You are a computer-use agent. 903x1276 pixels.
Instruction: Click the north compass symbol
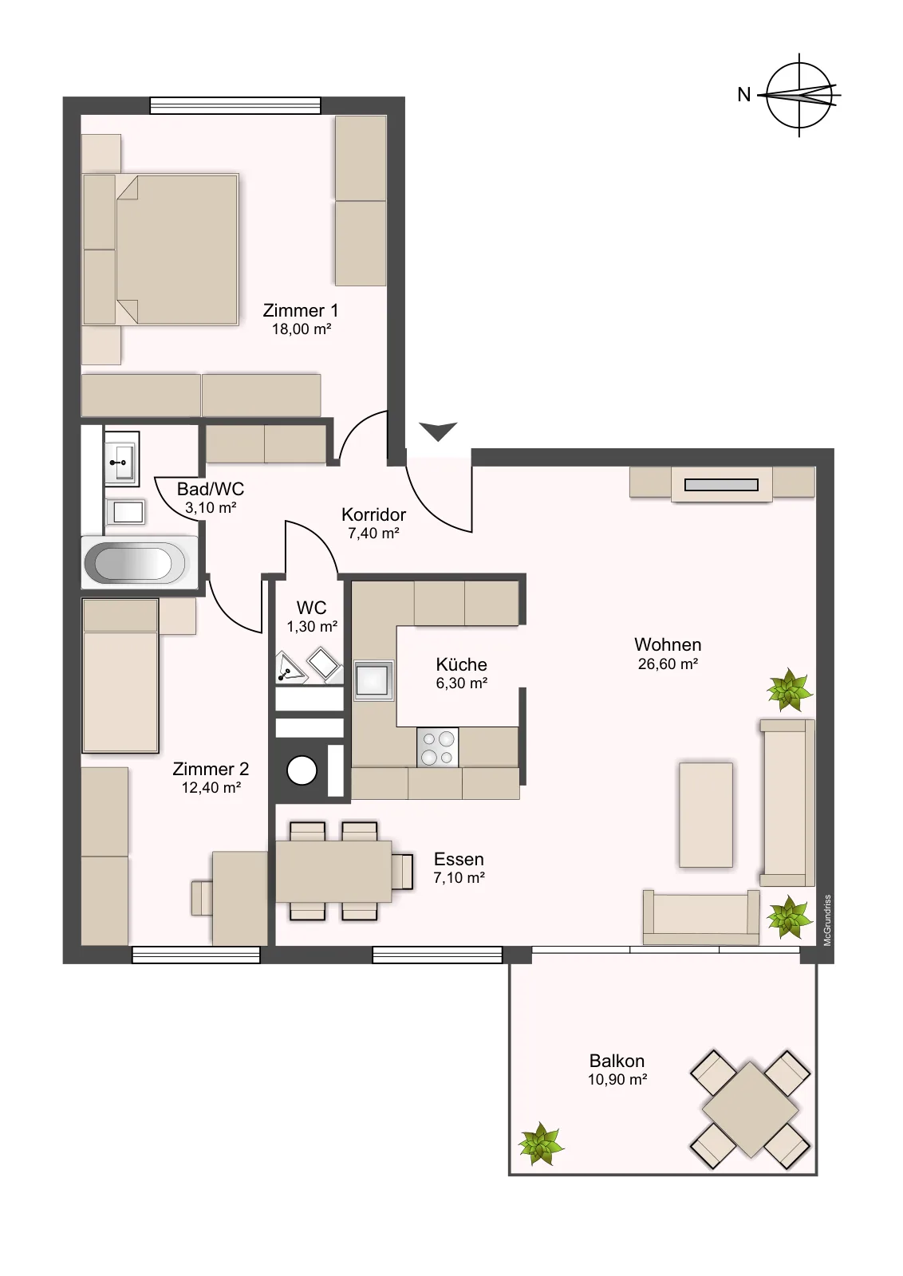click(x=799, y=95)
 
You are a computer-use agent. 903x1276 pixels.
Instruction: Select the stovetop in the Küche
click(x=438, y=747)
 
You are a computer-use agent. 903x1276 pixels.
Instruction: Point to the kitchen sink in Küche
click(x=374, y=680)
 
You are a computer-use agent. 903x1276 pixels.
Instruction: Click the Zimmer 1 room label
click(x=300, y=310)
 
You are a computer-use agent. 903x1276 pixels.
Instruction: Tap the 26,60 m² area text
click(x=668, y=664)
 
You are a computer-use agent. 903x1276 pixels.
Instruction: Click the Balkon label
click(x=617, y=1061)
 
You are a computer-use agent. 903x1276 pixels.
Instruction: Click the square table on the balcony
click(x=751, y=1110)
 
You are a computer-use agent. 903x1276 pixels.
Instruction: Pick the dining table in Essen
click(x=333, y=872)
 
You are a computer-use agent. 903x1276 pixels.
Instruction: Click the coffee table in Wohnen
click(x=706, y=814)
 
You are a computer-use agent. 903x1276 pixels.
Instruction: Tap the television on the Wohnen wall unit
click(x=721, y=485)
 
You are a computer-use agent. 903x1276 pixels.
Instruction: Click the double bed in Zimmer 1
click(x=160, y=250)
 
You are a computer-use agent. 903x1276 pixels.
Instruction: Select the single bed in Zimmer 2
click(x=120, y=675)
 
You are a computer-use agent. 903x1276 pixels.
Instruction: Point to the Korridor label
click(x=374, y=514)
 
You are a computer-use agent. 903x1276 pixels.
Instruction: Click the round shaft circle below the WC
click(x=302, y=770)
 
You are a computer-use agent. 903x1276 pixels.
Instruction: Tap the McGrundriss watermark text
click(x=828, y=920)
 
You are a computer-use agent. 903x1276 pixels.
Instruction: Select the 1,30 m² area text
click(x=312, y=627)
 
